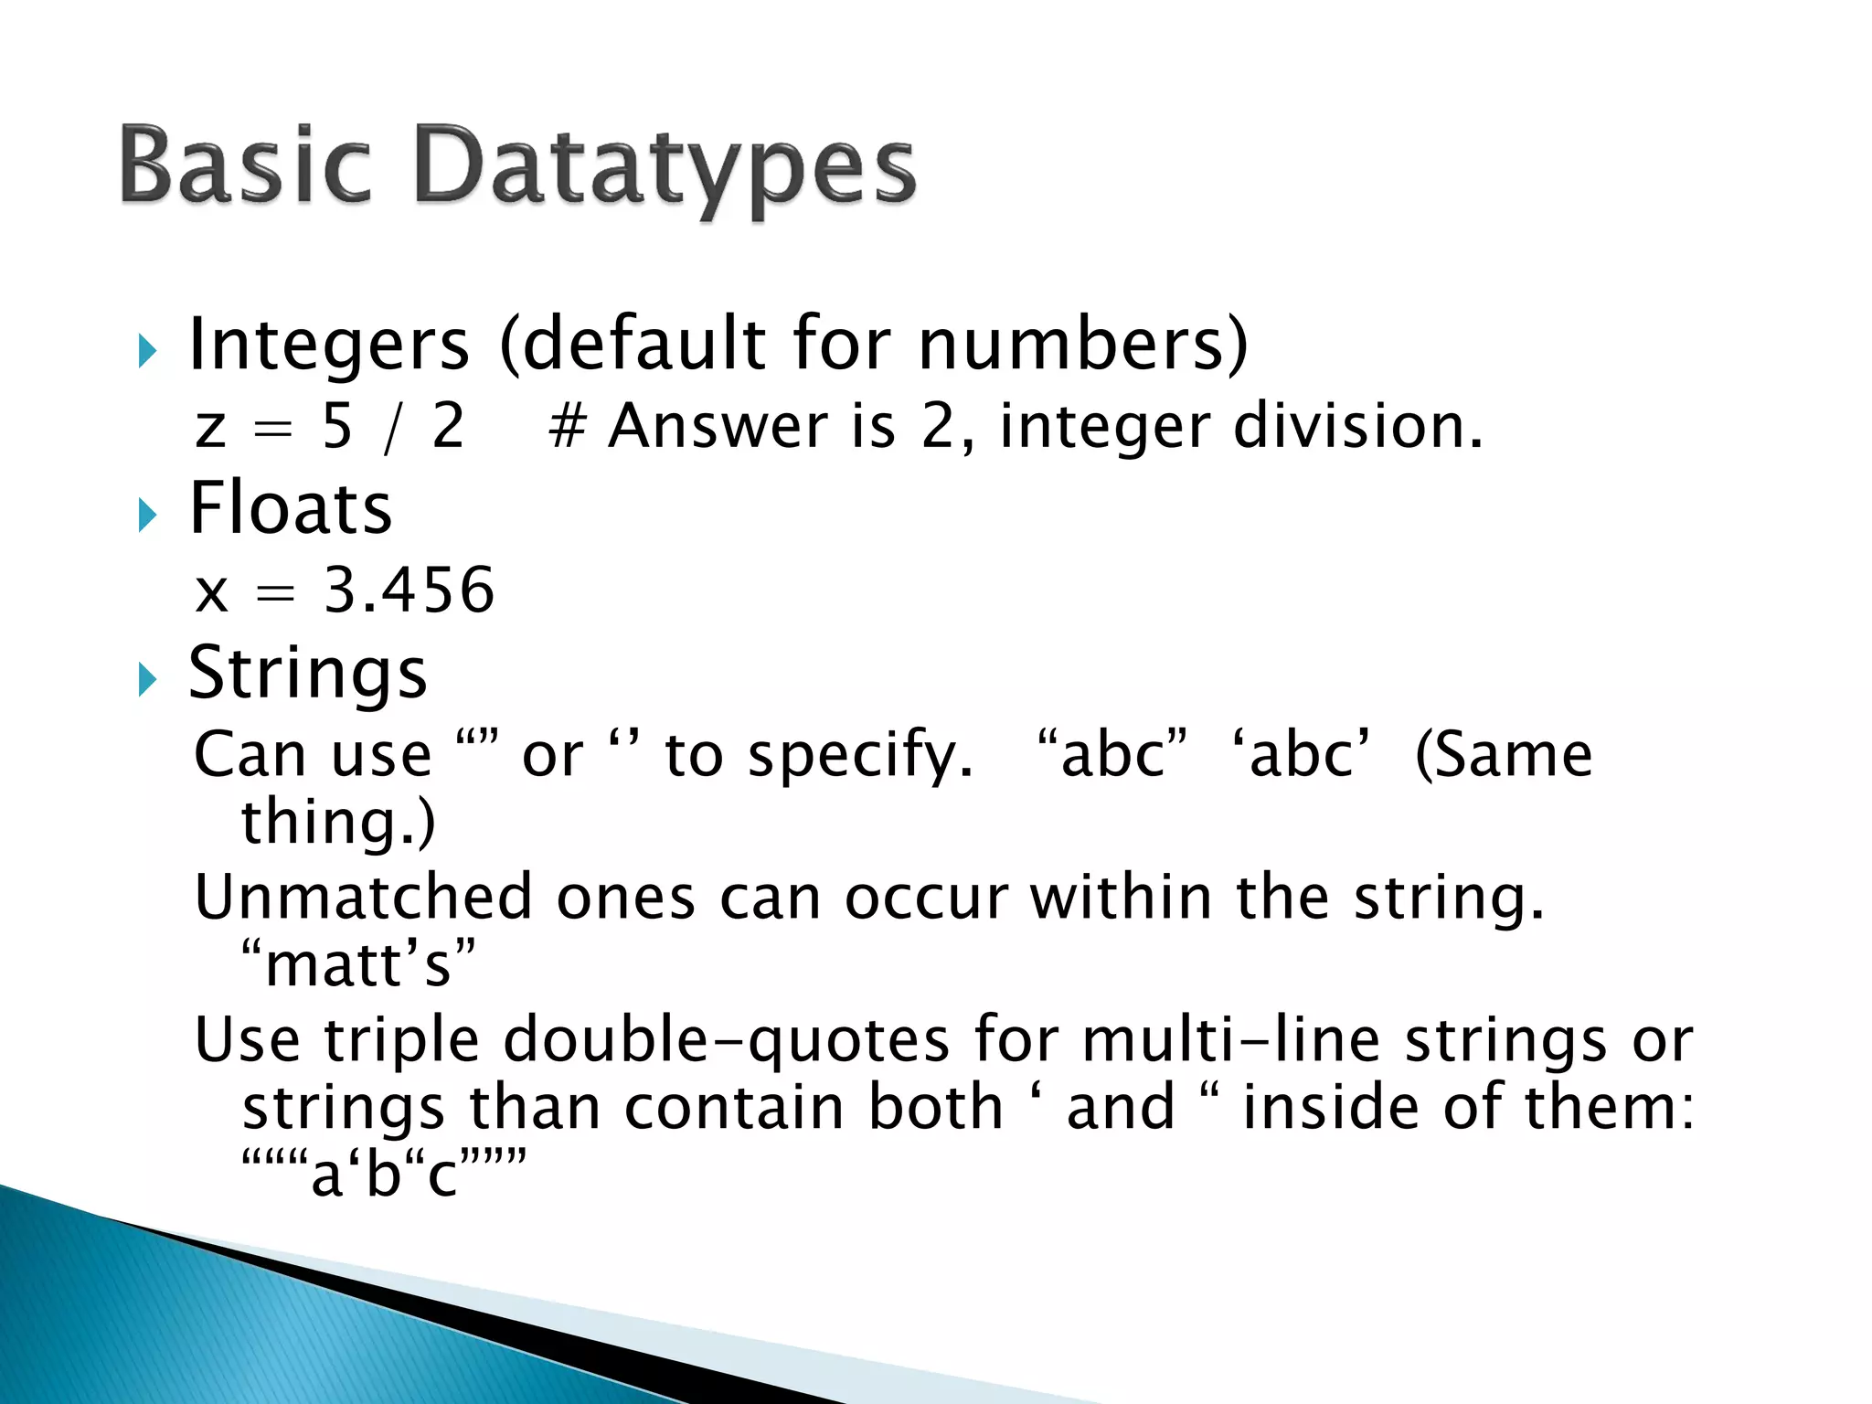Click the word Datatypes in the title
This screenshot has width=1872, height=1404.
pos(665,169)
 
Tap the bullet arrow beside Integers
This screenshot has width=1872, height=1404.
pos(147,351)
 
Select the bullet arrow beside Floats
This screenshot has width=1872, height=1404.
pos(147,515)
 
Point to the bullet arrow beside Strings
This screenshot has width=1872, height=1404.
pos(147,679)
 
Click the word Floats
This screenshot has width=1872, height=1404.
pos(290,508)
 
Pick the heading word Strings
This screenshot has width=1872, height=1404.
pos(307,674)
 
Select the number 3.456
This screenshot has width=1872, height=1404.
pos(409,590)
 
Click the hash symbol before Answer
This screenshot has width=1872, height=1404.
pos(567,427)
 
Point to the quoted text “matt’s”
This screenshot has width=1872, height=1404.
pos(358,964)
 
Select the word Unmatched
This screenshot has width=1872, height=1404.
pos(363,897)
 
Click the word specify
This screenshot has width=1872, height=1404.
pos(860,757)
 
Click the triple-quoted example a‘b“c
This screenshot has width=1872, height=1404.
pos(384,1174)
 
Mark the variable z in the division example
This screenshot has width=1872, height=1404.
pos(210,428)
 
